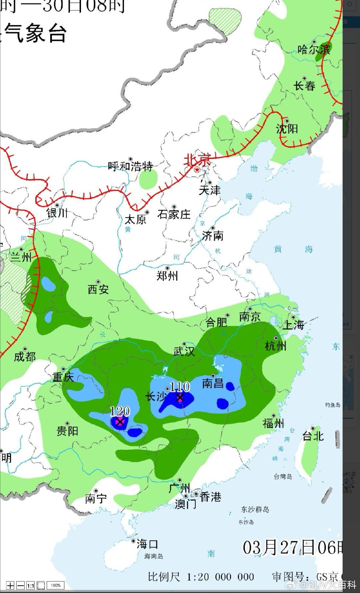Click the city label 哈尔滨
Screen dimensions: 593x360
[x=314, y=50]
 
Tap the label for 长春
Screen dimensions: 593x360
[x=304, y=86]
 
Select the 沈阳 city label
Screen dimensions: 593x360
[x=287, y=128]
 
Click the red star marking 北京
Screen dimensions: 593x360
[x=197, y=170]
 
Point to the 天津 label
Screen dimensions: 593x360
[x=210, y=190]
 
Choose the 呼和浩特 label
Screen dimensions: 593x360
[x=130, y=166]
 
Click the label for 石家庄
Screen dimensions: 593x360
[x=174, y=214]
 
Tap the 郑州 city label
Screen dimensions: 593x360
[x=167, y=276]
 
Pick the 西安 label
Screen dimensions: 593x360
[x=98, y=289]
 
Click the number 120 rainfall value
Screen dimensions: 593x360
[x=120, y=411]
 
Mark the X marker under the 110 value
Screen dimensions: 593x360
[x=180, y=397]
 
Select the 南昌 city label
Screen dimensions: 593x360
[x=213, y=383]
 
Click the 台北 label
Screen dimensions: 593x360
[x=313, y=436]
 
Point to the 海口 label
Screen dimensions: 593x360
[x=147, y=544]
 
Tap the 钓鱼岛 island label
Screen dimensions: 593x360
[x=333, y=405]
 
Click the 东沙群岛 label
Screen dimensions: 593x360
[x=255, y=509]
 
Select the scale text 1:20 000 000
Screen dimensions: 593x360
[x=220, y=577]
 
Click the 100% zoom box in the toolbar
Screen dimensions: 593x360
[x=56, y=585]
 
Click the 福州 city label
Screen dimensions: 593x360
[x=273, y=423]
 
